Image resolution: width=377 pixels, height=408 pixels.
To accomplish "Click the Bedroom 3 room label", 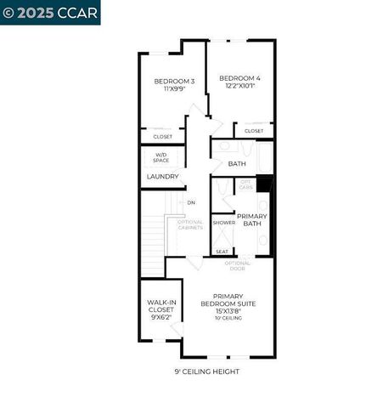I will click(174, 82).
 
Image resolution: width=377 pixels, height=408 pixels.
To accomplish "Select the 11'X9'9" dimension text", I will click(174, 89).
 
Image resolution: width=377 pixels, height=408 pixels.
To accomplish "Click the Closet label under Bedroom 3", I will click(162, 137).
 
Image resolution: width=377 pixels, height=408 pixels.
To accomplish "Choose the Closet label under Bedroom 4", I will click(254, 131).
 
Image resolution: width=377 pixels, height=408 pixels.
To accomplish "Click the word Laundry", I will click(162, 177).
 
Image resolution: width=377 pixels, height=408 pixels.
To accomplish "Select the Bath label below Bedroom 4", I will click(237, 164).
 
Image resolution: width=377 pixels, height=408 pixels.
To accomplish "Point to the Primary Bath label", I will click(252, 220).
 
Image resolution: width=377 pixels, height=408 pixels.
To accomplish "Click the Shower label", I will click(223, 223).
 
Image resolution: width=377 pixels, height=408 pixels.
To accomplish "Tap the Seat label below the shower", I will click(222, 252).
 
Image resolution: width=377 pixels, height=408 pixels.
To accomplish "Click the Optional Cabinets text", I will click(189, 225).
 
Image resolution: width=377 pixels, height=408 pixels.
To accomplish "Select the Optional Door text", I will click(238, 265).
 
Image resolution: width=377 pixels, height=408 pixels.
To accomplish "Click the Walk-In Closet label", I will click(161, 306).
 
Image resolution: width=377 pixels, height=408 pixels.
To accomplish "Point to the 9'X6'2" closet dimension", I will click(161, 318).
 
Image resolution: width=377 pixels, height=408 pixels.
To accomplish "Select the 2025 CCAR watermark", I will click(50, 12).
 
